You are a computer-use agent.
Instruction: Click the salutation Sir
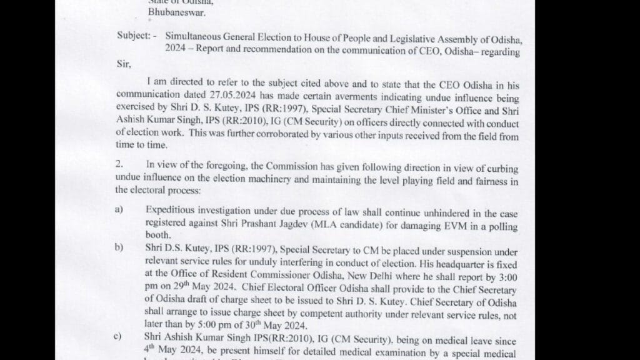(x=122, y=64)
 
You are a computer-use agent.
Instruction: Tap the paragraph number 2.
(x=119, y=164)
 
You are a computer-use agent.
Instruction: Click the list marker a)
(x=119, y=210)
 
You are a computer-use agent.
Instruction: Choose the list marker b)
(x=119, y=247)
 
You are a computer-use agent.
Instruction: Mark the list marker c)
(x=118, y=337)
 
